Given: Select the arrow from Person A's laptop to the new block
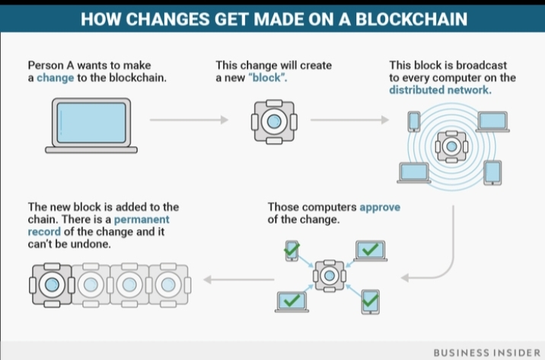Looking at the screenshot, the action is pos(188,119).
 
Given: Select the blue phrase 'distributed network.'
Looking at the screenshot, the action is pos(440,90).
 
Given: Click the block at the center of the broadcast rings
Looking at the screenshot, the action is pos(451,145).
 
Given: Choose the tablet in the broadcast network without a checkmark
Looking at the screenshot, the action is pos(492,172).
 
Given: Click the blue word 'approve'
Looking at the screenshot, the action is pos(380,206).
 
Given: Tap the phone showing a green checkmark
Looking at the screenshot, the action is pos(290,250).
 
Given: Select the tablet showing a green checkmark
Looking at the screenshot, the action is pos(370,301).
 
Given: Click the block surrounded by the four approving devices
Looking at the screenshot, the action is pos(329,274).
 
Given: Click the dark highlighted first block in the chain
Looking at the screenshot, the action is pos(50,284).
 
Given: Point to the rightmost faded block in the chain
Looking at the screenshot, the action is pos(164,284).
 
